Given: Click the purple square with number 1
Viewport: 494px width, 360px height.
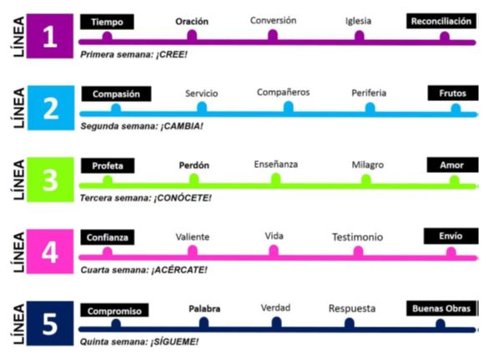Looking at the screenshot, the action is (x=50, y=36).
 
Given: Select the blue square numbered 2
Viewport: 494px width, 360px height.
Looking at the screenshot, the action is (x=51, y=108).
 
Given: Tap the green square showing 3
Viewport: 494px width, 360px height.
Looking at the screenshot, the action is (x=50, y=180).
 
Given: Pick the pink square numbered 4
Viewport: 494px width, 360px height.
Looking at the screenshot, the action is (x=50, y=251).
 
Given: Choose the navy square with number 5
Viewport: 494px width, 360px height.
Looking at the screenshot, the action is (x=50, y=323).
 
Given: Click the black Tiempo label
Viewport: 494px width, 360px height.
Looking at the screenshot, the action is (x=107, y=22).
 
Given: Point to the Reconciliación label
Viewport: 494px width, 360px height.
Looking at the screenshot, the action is (x=441, y=21).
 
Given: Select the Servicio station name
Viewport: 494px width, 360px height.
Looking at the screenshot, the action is (x=202, y=94).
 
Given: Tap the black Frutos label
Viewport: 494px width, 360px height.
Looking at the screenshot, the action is (x=453, y=93).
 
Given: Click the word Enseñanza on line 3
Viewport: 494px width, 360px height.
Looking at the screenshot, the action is (x=276, y=165).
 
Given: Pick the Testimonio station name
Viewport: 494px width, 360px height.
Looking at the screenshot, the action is (x=358, y=237).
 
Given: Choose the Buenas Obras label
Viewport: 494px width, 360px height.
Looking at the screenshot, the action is (x=441, y=308).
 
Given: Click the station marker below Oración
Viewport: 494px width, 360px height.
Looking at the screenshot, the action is (x=192, y=36).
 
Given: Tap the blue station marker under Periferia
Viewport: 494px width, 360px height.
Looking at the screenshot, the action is (x=370, y=108).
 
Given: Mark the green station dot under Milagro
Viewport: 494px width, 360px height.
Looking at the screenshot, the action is (x=366, y=180).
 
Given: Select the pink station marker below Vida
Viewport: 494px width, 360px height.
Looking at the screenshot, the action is (x=274, y=251).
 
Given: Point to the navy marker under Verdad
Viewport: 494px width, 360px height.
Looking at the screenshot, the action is (x=276, y=322).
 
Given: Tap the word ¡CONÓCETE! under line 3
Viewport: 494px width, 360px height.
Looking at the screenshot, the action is (x=183, y=198).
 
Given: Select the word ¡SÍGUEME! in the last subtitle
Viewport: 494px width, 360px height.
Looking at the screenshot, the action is (x=174, y=342).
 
